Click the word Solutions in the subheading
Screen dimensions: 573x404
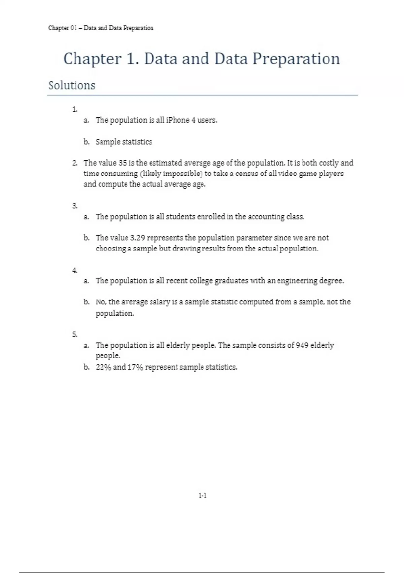(72, 85)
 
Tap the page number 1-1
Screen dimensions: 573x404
(202, 495)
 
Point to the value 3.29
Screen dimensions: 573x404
(137, 238)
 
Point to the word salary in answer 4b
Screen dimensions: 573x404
(160, 302)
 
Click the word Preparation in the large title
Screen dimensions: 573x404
(296, 59)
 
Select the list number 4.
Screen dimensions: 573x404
(74, 270)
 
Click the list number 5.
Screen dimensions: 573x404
(74, 334)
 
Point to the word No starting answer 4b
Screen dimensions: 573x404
(100, 302)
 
